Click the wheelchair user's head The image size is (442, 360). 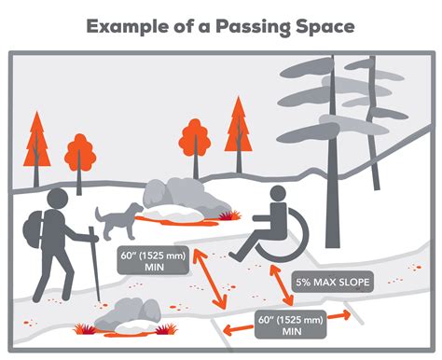277,194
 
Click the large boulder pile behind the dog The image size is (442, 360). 183,198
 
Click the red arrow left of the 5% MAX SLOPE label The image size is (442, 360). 279,284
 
